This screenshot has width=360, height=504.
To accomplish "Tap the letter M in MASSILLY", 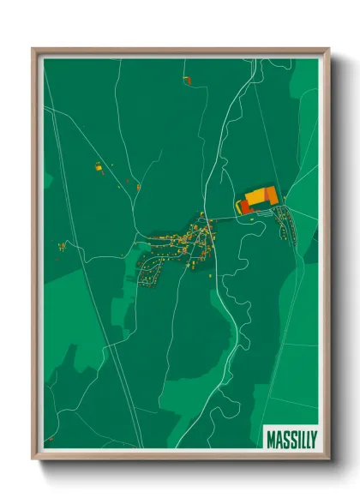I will pos(271,435).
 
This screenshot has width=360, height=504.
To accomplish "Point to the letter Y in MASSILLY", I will pos(313,435).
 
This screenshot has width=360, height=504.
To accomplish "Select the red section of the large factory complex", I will pos(242,207).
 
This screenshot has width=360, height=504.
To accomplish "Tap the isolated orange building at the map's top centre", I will pos(187,80).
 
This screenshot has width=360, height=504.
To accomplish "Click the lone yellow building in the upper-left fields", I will pos(99,168).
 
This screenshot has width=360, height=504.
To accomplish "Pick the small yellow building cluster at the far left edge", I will pos(62,247).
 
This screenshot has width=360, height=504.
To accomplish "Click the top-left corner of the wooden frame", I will pos(33,49).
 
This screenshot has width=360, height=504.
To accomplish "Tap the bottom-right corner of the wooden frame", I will pos(328,458).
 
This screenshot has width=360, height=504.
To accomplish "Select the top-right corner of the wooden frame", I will pos(328,49).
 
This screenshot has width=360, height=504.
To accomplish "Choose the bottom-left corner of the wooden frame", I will pos(33,458).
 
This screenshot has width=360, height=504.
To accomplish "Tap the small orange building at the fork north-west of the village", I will pos(137,184).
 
